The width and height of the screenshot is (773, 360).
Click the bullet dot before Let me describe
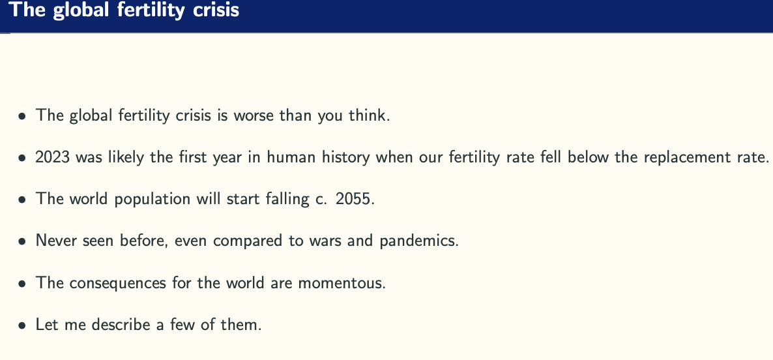22,326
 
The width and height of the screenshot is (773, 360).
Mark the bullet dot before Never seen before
22,242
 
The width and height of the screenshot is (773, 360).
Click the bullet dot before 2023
22,158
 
